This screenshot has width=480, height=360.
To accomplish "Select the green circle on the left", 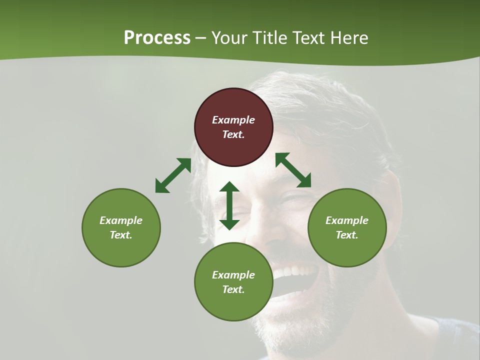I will pos(121,227).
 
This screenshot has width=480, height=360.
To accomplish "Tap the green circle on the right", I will pos(347,227).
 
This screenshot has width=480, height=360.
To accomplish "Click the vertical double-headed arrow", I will pos(229,205).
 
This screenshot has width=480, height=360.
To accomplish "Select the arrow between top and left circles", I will pos(173,175).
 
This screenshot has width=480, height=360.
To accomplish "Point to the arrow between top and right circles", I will pos(293,170).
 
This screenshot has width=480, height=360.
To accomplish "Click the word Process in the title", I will pos(157,38).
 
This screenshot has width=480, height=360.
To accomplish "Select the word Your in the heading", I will pos(229,38).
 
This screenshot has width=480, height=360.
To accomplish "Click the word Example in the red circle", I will pos(233,120).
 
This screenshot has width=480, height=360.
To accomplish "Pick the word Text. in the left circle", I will pos(121,235).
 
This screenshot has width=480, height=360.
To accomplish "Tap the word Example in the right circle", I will pos(347,220).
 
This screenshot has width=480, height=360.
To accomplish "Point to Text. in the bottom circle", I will pos(233,289).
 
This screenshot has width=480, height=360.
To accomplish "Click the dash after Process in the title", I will pos(201,38).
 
